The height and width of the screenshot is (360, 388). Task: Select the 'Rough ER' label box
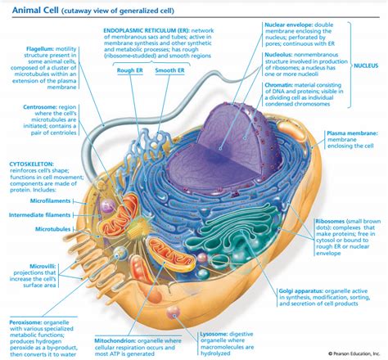pyautogui.click(x=130, y=70)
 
